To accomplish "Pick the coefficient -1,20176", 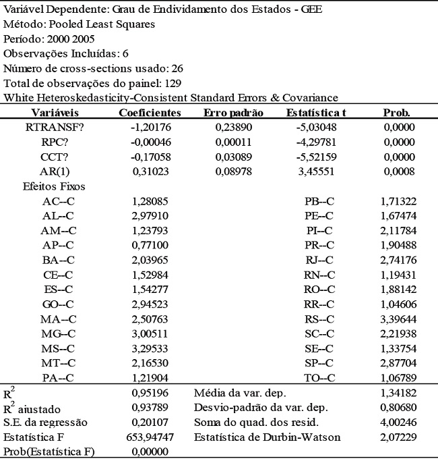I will click(149, 126).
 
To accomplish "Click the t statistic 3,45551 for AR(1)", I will click(316, 172).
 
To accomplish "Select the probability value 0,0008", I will click(397, 172).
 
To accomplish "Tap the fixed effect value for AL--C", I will click(149, 215).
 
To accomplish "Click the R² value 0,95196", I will click(149, 392).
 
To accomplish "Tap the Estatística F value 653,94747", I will click(149, 437).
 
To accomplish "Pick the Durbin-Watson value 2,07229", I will click(397, 437).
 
